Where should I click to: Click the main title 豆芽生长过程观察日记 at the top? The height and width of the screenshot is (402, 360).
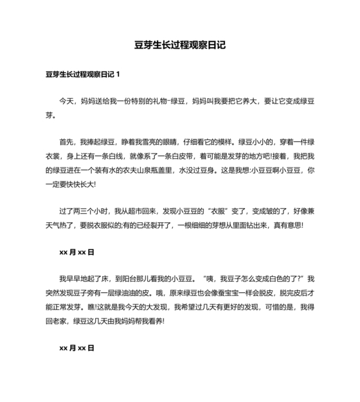coord(180,46)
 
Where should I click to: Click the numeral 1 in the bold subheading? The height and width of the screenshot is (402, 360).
coord(118,74)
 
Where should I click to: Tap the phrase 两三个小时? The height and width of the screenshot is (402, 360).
coord(91,211)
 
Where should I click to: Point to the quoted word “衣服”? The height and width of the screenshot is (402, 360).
coord(219,211)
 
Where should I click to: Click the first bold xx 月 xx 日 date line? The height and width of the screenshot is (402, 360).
coord(76,252)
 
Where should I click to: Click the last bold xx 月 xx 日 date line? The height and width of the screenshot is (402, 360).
coord(76,347)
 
